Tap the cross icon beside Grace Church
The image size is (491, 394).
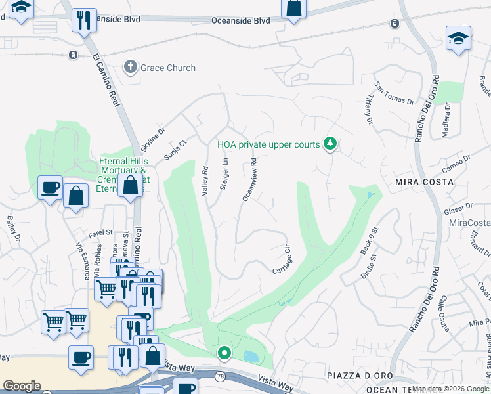click(130, 68)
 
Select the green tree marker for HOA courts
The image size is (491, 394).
click(331, 144)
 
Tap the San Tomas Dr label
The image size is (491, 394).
click(394, 93)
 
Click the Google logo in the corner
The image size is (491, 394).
click(22, 386)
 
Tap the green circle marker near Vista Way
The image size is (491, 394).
click(224, 353)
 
